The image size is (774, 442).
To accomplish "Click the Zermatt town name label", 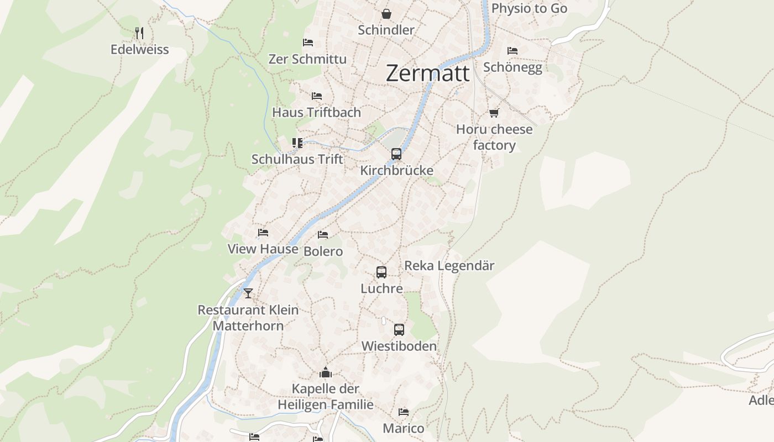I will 427,73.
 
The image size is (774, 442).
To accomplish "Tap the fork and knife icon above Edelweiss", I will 139,33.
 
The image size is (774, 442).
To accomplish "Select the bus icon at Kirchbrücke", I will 396,154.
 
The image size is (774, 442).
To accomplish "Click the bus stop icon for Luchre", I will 381,272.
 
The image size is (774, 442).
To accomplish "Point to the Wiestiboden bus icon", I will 399,330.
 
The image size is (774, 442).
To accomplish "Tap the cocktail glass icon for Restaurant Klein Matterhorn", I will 248,293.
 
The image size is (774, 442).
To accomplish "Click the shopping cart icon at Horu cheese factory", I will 494,113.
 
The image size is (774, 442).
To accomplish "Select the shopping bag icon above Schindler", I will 386,13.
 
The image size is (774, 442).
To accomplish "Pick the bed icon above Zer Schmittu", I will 308,43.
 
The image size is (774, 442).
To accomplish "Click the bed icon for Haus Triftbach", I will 317,96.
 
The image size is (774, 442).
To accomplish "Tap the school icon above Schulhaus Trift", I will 297,143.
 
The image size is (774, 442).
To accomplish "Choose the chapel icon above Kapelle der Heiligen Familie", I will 326,372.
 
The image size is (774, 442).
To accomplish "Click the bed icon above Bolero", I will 323,235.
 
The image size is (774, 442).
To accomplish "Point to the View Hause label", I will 263,249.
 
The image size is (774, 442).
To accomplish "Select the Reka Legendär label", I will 449,266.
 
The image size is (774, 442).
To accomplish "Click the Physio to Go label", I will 529,8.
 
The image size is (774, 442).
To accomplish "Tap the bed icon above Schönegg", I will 512,51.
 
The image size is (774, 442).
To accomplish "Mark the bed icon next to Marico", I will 404,412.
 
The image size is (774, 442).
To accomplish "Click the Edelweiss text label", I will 140,50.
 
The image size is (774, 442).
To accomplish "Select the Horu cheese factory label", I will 494,137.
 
